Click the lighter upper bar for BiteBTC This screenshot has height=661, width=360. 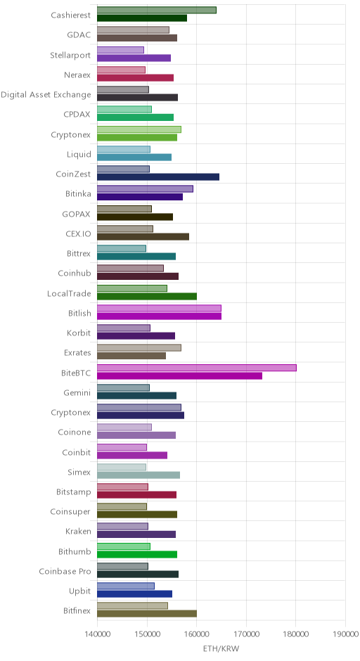click(x=196, y=368)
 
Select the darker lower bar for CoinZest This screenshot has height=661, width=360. click(x=158, y=177)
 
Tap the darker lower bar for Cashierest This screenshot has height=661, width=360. click(x=141, y=18)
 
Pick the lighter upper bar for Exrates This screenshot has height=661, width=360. click(x=139, y=348)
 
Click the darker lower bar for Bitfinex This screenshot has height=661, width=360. click(x=147, y=614)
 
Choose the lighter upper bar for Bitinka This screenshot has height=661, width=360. click(x=145, y=189)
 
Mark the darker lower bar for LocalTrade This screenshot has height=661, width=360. click(x=147, y=296)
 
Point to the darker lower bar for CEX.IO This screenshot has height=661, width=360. click(x=143, y=236)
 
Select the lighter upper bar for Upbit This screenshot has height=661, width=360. click(x=126, y=586)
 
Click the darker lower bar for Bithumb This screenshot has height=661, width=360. click(x=137, y=554)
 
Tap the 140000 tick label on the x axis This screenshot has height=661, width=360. click(x=97, y=634)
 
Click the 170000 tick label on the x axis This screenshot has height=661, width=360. click(x=246, y=634)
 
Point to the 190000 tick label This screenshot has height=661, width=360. click(x=346, y=634)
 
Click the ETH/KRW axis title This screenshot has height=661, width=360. click(x=221, y=649)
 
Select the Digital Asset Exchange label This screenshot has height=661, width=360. click(x=46, y=95)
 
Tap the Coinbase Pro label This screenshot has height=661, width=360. click(x=65, y=572)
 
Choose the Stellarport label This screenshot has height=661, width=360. click(x=70, y=56)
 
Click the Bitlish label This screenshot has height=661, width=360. click(x=79, y=313)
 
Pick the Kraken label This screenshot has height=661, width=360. click(x=78, y=532)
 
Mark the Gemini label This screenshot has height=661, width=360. click(x=77, y=393)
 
